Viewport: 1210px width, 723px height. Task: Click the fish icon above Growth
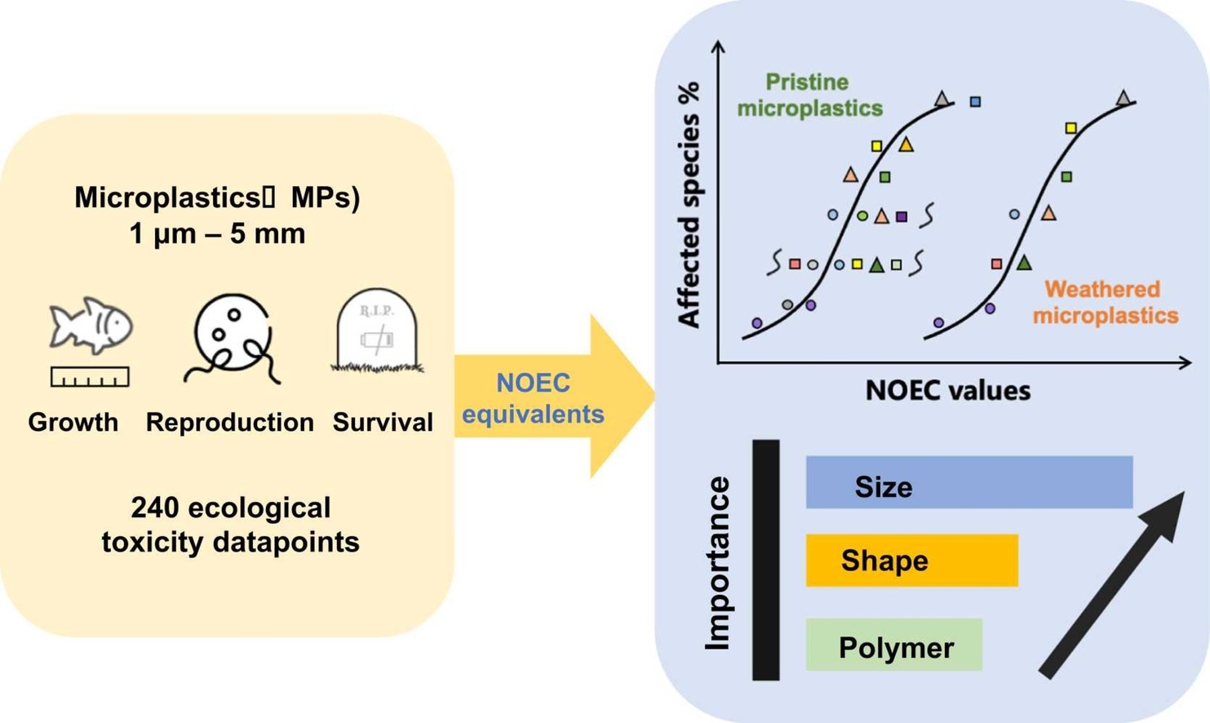pyautogui.click(x=91, y=326)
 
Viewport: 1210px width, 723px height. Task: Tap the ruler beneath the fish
pyautogui.click(x=90, y=377)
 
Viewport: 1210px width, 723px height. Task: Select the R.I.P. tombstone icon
pyautogui.click(x=376, y=331)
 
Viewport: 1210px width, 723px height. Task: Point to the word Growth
pyautogui.click(x=73, y=422)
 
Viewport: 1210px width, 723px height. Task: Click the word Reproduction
pyautogui.click(x=229, y=422)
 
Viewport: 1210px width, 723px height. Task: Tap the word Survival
pyautogui.click(x=382, y=422)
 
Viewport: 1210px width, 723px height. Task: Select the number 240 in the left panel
pyautogui.click(x=154, y=508)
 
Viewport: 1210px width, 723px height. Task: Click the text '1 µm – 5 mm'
pyautogui.click(x=217, y=233)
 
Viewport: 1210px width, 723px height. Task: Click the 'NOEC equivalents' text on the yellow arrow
pyautogui.click(x=533, y=398)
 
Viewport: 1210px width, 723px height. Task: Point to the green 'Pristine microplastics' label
pyautogui.click(x=809, y=95)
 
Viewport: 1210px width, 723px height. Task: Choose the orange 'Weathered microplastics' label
pyautogui.click(x=1105, y=302)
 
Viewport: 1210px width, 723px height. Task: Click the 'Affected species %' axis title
pyautogui.click(x=689, y=204)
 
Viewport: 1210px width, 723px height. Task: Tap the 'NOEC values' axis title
pyautogui.click(x=947, y=390)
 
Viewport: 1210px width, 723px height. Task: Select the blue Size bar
pyautogui.click(x=968, y=482)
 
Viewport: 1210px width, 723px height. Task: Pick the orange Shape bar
pyautogui.click(x=911, y=561)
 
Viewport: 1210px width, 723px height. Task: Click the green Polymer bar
pyautogui.click(x=893, y=645)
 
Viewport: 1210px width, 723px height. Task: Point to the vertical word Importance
pyautogui.click(x=717, y=563)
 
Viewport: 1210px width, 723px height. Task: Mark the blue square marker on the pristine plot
pyautogui.click(x=975, y=102)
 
